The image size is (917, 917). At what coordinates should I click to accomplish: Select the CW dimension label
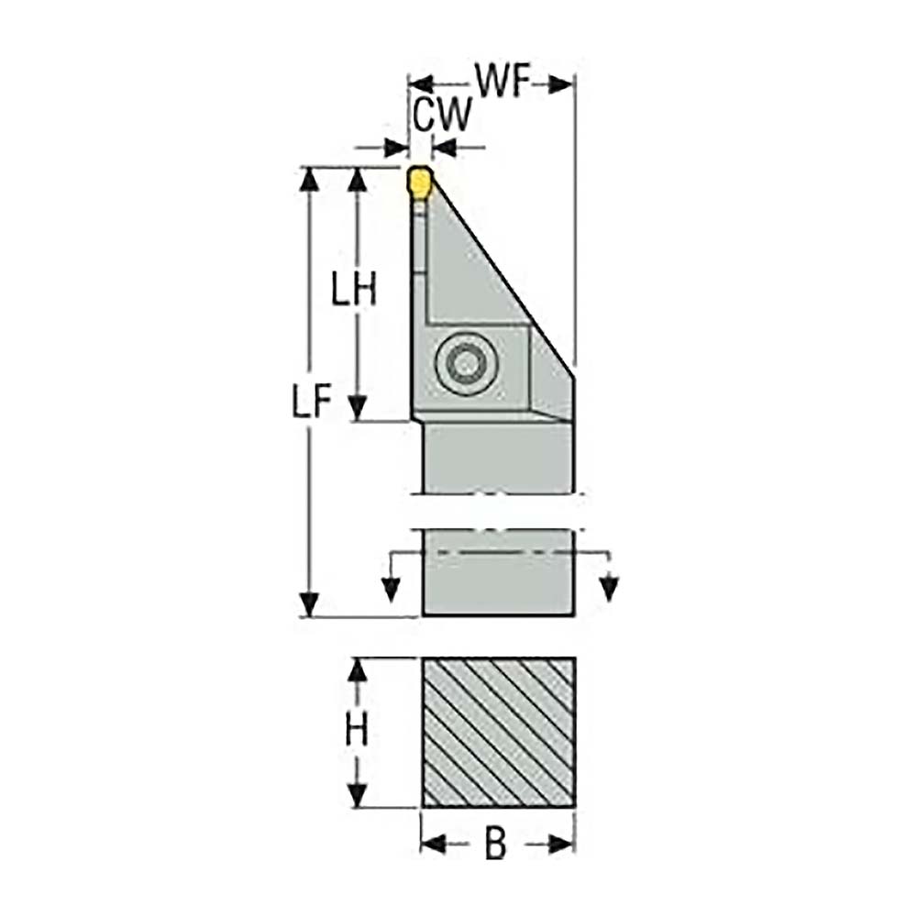[442, 116]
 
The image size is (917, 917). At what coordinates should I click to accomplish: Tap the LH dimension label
[354, 292]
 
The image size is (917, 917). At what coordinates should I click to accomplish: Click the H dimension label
[356, 732]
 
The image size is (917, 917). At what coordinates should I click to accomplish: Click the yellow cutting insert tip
[418, 181]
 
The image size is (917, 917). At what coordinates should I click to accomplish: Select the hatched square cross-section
[498, 732]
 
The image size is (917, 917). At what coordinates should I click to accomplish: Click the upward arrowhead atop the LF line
[311, 180]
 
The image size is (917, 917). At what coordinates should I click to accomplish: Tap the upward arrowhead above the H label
[356, 670]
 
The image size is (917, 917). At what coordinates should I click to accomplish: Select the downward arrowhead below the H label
[356, 794]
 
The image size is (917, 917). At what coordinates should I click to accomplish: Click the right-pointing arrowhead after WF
[560, 84]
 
